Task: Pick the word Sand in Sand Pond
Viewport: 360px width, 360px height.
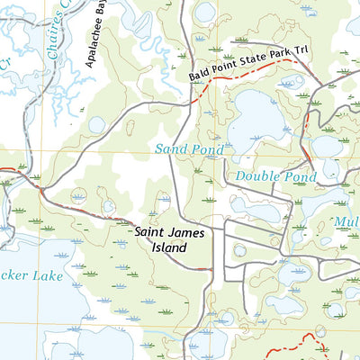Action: [169, 147]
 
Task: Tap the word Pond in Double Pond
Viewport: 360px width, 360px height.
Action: [299, 177]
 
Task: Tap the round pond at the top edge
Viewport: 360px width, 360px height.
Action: [205, 12]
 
